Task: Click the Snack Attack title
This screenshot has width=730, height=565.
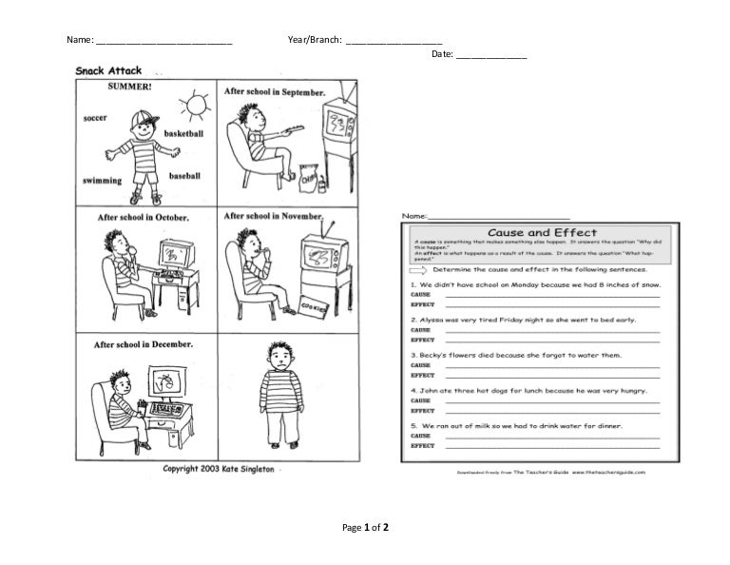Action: tap(109, 70)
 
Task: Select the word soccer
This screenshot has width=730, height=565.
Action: tap(95, 118)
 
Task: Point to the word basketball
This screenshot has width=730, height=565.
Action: tap(183, 134)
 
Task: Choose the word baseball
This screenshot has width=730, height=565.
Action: tap(184, 176)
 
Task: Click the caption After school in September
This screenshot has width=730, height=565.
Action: tap(274, 92)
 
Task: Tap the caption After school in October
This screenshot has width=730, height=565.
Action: tap(143, 217)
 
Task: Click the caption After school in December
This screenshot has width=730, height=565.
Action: tap(143, 343)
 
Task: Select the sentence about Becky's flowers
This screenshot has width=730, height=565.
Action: tap(515, 354)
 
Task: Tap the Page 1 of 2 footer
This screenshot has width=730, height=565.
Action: tap(365, 527)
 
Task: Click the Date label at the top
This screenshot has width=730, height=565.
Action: tap(442, 54)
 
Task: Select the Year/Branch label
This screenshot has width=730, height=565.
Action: tap(314, 40)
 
